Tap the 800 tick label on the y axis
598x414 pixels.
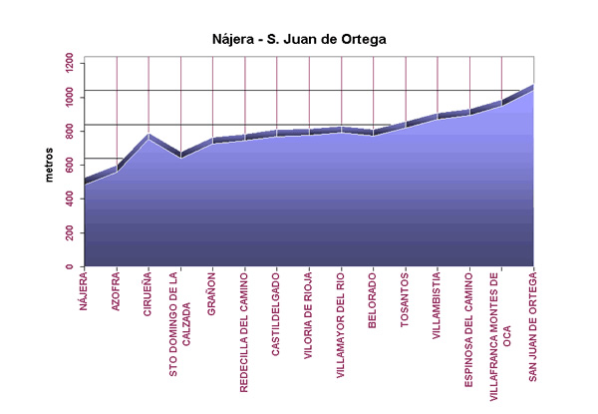point(66,131)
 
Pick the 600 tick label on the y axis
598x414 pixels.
point(66,166)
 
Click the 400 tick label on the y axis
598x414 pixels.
point(66,200)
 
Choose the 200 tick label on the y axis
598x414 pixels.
point(66,233)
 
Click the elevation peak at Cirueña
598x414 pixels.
point(149,135)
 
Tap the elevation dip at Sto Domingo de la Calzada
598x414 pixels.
point(180,155)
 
